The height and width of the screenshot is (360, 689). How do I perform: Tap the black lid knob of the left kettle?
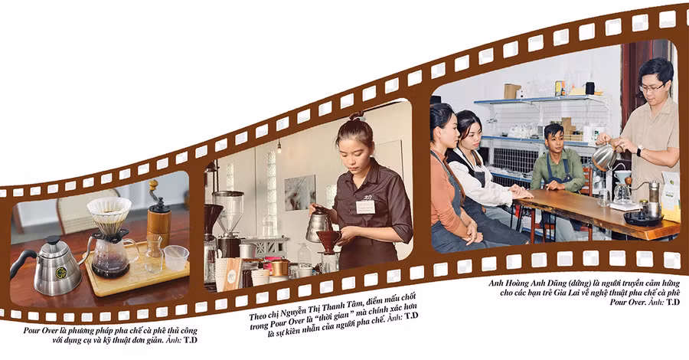[x=53, y=240]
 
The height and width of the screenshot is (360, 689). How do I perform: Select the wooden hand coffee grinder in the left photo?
[x=158, y=215]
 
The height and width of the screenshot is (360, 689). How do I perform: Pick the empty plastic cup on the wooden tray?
[x=176, y=257]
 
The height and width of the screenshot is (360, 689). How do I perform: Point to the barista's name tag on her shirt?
[x=365, y=207]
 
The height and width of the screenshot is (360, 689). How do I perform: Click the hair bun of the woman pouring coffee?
[x=356, y=116]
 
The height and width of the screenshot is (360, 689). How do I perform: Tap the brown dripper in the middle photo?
[x=329, y=241]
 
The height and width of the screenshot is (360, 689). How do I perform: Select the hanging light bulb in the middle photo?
[x=279, y=147]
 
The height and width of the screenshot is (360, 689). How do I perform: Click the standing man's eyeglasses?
[x=652, y=87]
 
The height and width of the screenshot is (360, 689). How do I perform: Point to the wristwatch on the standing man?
[x=640, y=151]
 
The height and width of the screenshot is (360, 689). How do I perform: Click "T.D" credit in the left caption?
[x=191, y=340]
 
